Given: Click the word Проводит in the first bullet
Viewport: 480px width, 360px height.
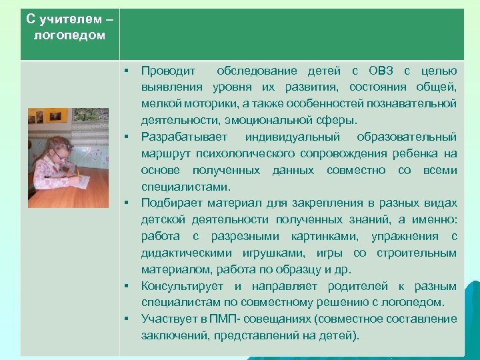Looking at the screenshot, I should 169,71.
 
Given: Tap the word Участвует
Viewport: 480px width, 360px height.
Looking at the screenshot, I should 166,319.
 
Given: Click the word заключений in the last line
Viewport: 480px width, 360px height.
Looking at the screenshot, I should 173,335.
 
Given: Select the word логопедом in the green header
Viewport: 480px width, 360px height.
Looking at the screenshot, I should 69,35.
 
